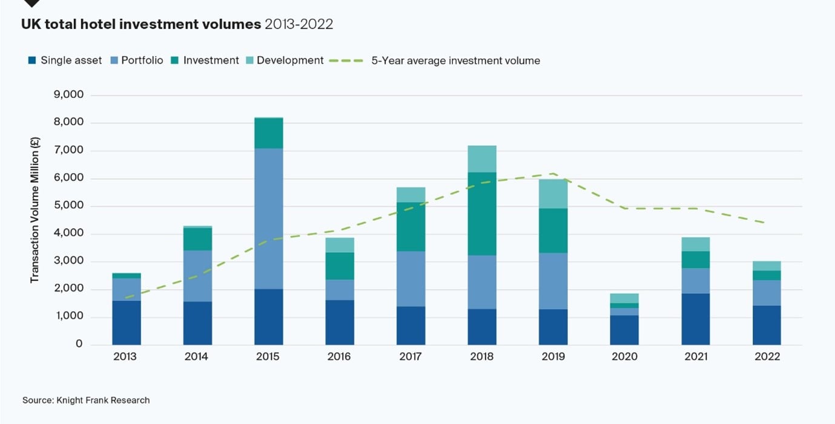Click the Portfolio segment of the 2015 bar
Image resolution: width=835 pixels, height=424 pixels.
268,218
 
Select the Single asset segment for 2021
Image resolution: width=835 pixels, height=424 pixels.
695,319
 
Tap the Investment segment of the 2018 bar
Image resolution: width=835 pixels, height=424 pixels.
482,214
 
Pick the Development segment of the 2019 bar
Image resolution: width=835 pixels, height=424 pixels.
553,194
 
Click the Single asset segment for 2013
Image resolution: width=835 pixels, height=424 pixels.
126,322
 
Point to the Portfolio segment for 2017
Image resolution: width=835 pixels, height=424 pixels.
411,278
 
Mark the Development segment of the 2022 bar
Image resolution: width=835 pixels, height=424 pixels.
767,266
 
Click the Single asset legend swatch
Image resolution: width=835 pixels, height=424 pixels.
32,60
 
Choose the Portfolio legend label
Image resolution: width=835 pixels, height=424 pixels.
142,60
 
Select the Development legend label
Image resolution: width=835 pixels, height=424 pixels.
290,60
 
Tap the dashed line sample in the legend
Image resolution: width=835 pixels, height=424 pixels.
346,60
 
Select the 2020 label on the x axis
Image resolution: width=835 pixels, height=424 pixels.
624,356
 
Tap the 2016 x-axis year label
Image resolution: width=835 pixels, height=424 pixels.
339,356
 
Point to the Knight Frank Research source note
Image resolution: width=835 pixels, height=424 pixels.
86,400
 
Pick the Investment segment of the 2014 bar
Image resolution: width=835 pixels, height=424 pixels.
197,239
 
